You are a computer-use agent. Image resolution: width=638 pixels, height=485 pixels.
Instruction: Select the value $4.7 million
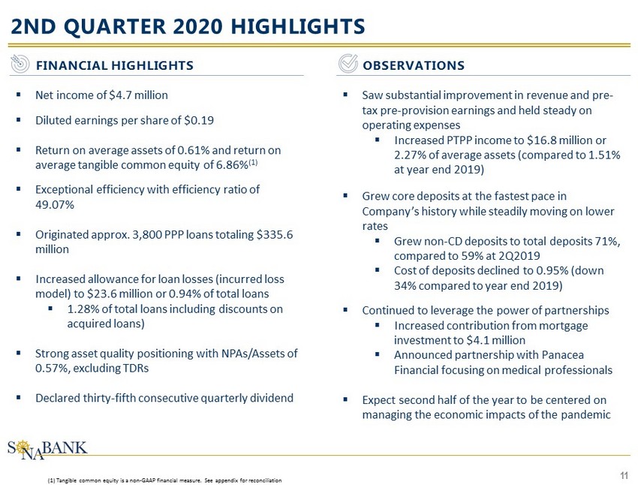pos(140,95)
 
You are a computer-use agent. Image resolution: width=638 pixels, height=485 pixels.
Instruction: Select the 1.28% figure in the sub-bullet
pos(80,309)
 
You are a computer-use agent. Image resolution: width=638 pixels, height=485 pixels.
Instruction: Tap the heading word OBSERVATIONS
pos(413,65)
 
